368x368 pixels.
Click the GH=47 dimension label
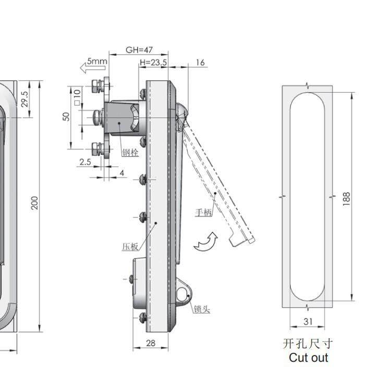[x=139, y=50]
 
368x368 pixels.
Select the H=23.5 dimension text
[x=153, y=63]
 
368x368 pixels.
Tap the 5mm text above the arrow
[x=97, y=62]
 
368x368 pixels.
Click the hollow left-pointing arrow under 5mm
[x=93, y=68]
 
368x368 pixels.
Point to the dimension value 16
[x=200, y=63]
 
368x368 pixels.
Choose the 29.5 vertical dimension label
[x=24, y=99]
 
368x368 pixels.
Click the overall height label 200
[x=34, y=203]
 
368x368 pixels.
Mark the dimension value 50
[x=66, y=117]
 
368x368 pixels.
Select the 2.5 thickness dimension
[x=85, y=162]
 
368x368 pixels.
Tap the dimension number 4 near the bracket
[x=122, y=173]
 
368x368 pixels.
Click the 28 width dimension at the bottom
[x=151, y=343]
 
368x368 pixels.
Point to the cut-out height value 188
[x=347, y=199]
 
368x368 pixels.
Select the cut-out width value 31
[x=308, y=322]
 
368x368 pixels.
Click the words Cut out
[x=309, y=358]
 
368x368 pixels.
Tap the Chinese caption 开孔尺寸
[x=308, y=344]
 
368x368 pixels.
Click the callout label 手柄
[x=203, y=212]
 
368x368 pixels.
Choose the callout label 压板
[x=130, y=247]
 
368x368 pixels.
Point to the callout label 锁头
[x=202, y=309]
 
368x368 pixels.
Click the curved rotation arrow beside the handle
[x=206, y=242]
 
